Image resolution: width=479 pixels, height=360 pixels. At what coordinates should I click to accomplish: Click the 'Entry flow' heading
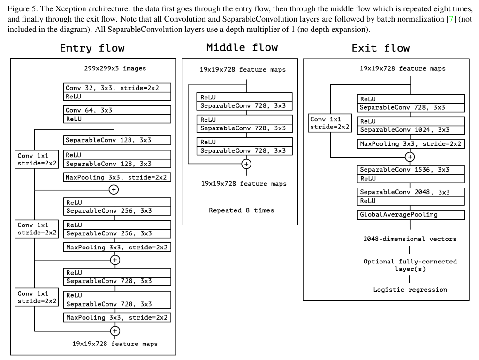coord(92,48)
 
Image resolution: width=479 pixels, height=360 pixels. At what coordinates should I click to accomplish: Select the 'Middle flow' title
coord(242,47)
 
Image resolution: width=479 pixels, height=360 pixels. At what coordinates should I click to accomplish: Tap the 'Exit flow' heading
coord(380,48)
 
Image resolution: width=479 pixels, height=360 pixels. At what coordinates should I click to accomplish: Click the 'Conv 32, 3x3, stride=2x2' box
coord(117,88)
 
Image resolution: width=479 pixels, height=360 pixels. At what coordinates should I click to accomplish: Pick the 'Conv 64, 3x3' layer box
coord(117,110)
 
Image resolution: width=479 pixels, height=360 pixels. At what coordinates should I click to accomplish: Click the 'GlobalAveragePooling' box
coord(411,215)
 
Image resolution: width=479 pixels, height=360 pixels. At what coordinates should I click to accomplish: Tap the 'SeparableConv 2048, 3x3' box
coord(411,192)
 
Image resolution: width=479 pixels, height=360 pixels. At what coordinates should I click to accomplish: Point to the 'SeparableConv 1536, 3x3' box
coord(411,170)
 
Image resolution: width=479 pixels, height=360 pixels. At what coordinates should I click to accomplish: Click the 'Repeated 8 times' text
coord(242,210)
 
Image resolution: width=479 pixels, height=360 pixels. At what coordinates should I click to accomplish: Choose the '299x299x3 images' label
coord(115,68)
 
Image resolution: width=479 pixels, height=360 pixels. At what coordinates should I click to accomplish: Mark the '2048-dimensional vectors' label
coord(410,239)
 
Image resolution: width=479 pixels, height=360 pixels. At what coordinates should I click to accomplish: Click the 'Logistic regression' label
coord(410,290)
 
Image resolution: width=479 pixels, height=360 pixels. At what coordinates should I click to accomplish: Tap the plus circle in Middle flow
coord(246,164)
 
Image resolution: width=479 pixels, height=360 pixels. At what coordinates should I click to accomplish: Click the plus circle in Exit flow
coord(410,157)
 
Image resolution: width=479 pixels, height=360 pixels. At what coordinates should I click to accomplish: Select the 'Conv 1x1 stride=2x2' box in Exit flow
coord(330,123)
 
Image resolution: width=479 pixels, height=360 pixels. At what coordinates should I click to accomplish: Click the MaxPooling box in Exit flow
coord(411,144)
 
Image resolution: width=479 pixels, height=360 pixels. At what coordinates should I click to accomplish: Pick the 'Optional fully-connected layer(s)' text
coord(410,265)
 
